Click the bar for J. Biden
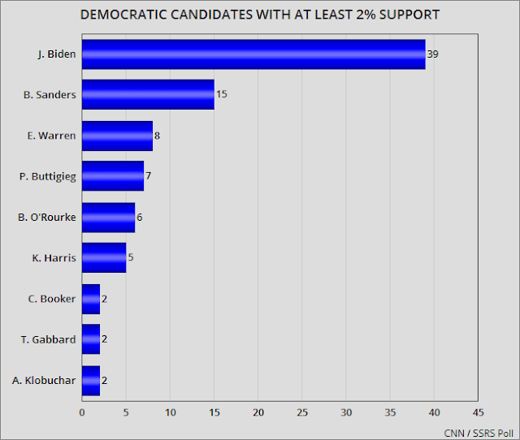point(253,54)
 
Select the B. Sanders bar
point(148,95)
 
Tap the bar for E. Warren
point(117,136)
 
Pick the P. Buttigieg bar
point(113,176)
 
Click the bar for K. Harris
point(104,257)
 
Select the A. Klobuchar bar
point(91,379)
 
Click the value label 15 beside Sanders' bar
point(222,95)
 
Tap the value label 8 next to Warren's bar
point(157,136)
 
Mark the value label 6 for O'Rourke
point(140,217)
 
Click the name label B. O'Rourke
point(48,217)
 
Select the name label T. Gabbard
point(50,339)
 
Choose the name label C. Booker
point(51,298)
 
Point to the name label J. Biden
point(56,54)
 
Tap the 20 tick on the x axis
point(258,412)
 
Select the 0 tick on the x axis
point(82,412)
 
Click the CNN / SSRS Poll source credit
point(477,431)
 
